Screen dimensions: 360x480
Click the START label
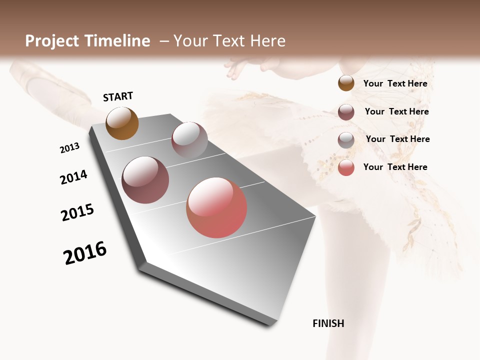click(118, 96)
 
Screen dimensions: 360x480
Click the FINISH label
click(328, 323)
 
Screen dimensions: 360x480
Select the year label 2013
click(69, 148)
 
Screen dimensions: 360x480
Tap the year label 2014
click(73, 177)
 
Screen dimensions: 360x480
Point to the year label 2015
click(77, 212)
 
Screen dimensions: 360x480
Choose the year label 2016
click(85, 253)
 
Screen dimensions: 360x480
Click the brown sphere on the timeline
click(122, 123)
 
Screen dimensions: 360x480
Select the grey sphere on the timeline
click(189, 140)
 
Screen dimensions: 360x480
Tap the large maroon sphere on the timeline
click(145, 180)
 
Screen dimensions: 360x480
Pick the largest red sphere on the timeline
click(216, 207)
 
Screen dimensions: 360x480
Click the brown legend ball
click(346, 83)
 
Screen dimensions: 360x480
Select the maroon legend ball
click(346, 112)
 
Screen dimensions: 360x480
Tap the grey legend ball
click(346, 140)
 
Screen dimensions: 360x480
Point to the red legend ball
click(346, 167)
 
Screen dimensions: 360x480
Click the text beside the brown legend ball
click(395, 83)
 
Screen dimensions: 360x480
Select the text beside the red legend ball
click(395, 167)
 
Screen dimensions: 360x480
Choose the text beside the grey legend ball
click(397, 139)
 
